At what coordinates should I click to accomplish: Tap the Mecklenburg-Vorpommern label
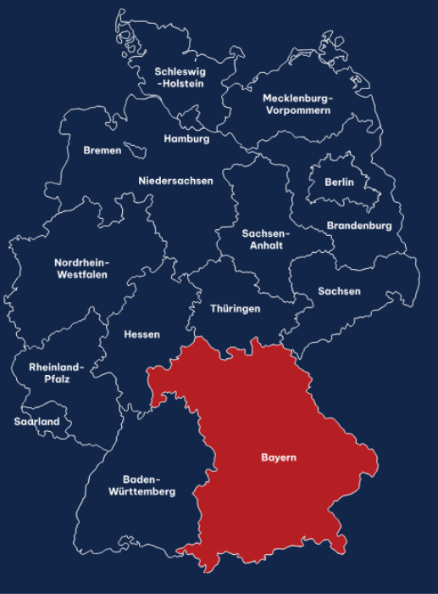[297, 104]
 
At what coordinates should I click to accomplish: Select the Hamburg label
[186, 138]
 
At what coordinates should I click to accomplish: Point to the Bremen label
[103, 150]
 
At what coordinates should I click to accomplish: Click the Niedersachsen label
[176, 180]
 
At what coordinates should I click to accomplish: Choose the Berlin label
[339, 182]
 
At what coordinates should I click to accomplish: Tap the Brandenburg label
[359, 226]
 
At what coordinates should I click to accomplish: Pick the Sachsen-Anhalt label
[266, 239]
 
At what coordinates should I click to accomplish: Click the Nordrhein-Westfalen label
[81, 268]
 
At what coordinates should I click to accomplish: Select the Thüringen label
[236, 309]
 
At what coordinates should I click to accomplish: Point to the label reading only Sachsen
[340, 291]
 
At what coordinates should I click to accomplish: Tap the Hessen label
[141, 334]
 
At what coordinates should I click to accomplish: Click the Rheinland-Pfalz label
[57, 373]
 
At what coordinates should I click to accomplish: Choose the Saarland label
[37, 421]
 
